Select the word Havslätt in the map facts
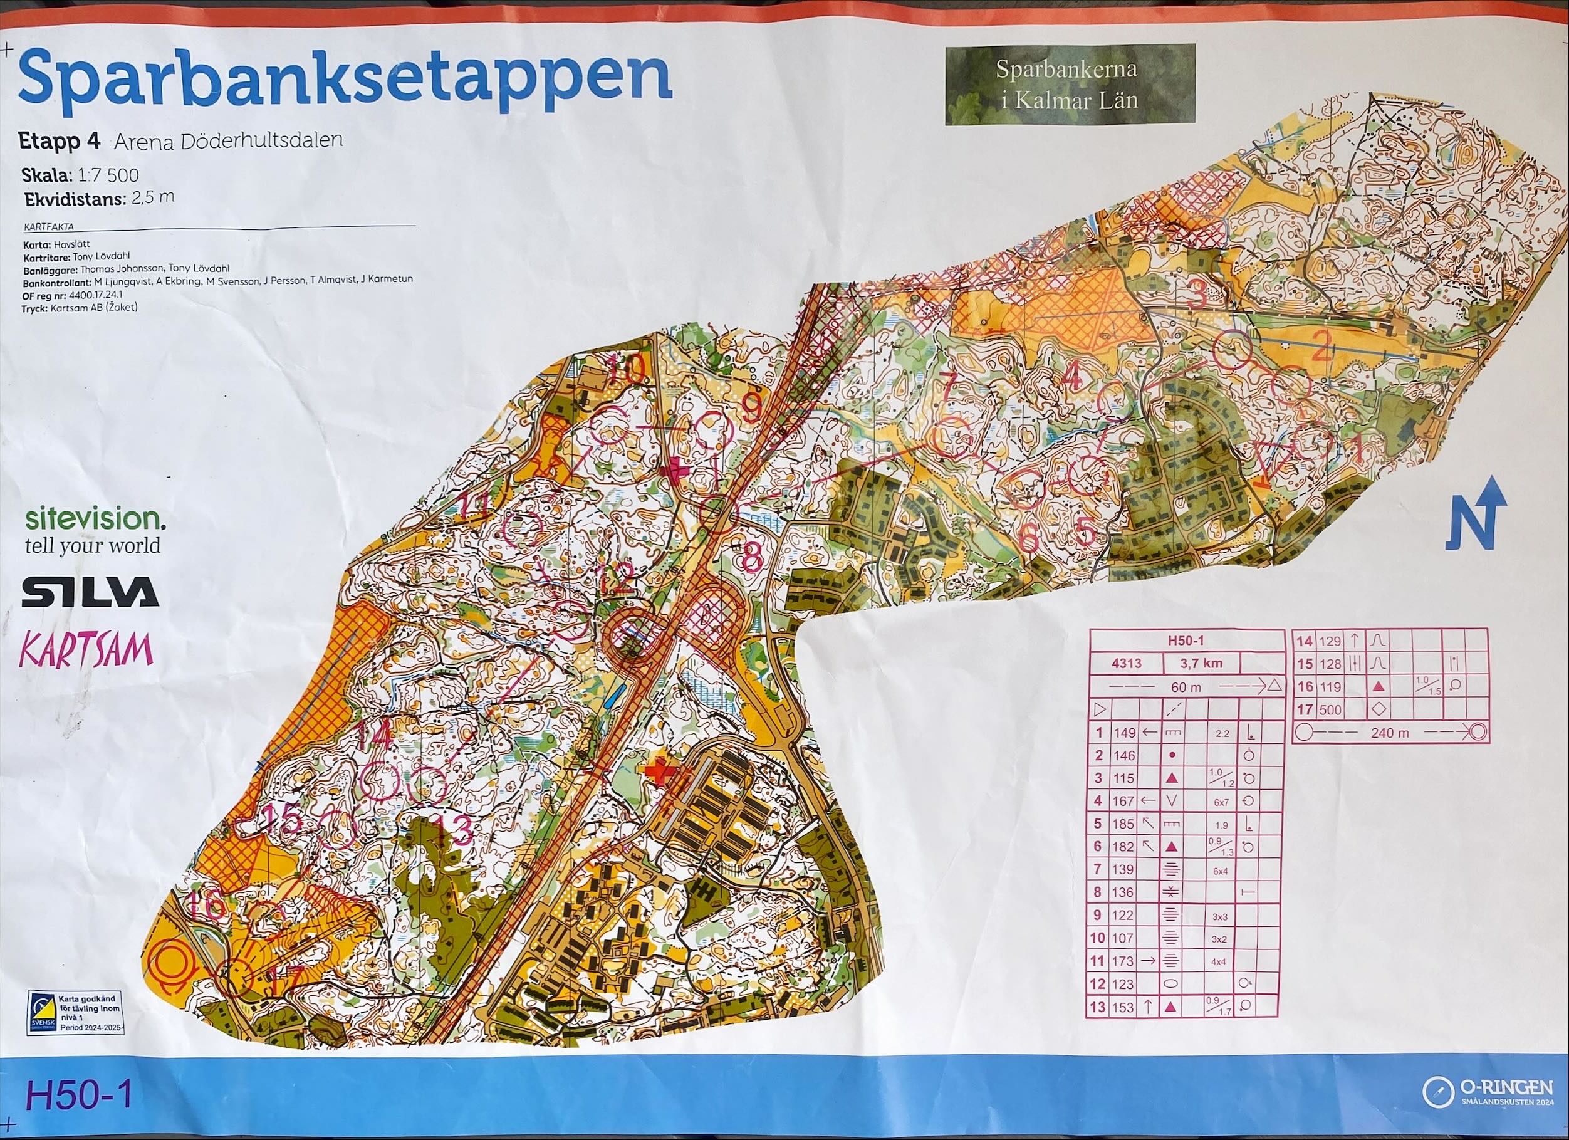[x=68, y=245]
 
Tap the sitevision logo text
[x=95, y=519]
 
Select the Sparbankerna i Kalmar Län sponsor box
[x=1070, y=85]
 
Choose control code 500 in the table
[x=1330, y=709]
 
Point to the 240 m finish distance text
[x=1390, y=733]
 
